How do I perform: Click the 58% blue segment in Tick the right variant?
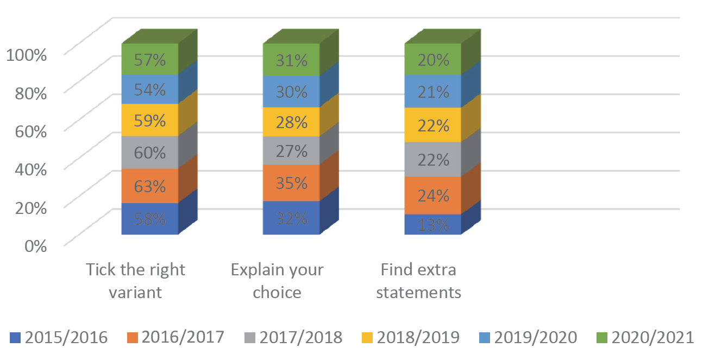(x=150, y=219)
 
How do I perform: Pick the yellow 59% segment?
(x=150, y=119)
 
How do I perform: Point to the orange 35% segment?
(x=291, y=183)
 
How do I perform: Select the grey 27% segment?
(x=291, y=150)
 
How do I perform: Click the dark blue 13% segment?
(x=433, y=224)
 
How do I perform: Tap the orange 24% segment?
(x=433, y=195)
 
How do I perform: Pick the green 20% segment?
(x=433, y=59)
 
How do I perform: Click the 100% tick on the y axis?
(x=26, y=54)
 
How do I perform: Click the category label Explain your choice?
(x=277, y=281)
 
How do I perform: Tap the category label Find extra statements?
(x=418, y=281)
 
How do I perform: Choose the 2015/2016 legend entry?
(x=59, y=338)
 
